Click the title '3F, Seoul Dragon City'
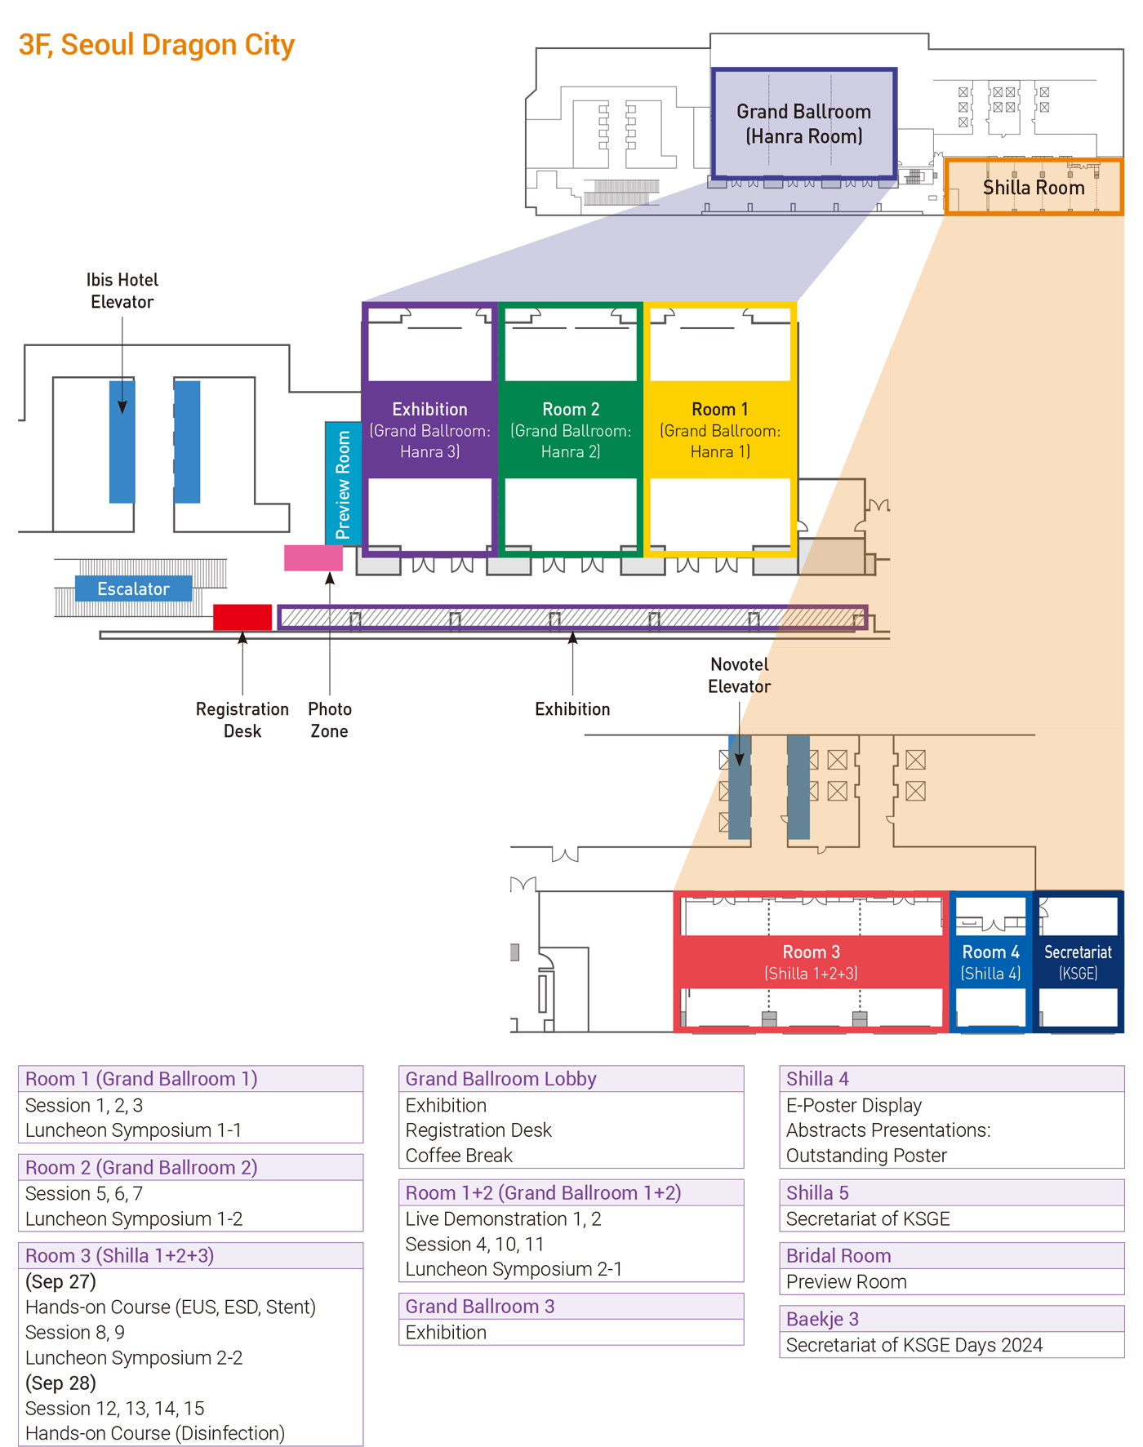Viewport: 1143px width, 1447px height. [157, 45]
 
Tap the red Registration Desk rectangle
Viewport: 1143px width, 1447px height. [242, 617]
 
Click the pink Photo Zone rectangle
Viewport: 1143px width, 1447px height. [314, 558]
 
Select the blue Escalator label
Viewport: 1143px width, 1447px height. [133, 588]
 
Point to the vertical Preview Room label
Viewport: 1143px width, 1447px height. [343, 485]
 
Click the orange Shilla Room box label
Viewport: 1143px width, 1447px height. [1034, 188]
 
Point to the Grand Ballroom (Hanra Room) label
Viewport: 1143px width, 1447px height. [803, 123]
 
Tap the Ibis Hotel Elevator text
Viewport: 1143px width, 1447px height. [122, 291]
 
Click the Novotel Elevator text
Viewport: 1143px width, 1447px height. [739, 675]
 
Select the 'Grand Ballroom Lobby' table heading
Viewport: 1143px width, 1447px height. [500, 1079]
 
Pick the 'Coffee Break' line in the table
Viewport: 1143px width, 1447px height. [459, 1156]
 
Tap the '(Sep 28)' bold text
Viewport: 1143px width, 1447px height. [60, 1383]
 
